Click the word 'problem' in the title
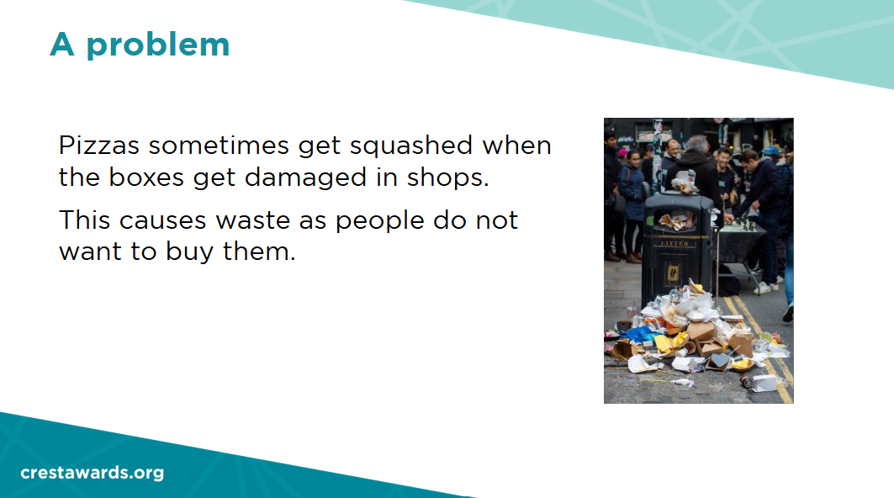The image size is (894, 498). click(x=158, y=45)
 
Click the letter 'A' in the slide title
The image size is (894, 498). click(x=62, y=45)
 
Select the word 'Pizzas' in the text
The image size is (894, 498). click(x=99, y=146)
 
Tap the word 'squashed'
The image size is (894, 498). click(x=411, y=146)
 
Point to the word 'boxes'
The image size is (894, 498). click(x=146, y=177)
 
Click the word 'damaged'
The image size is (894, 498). click(x=305, y=178)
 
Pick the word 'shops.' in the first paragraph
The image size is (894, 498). click(x=448, y=178)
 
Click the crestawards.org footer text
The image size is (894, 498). click(x=93, y=473)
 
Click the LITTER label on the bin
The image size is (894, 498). click(x=674, y=244)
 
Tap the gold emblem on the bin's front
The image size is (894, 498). click(x=673, y=273)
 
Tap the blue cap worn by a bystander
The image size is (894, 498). click(x=770, y=150)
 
